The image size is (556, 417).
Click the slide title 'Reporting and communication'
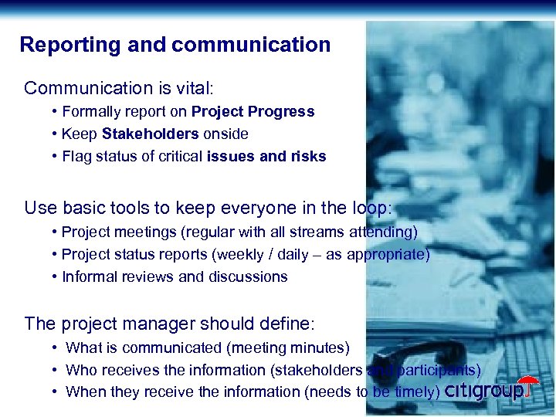[x=175, y=45]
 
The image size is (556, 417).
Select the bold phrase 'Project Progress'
[x=253, y=112]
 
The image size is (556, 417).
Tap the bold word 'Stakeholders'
[x=150, y=134]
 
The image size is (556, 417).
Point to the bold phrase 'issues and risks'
[x=266, y=157]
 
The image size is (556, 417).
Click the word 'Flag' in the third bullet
[x=77, y=157]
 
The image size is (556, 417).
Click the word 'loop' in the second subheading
[x=371, y=208]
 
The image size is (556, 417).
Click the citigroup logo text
[x=483, y=391]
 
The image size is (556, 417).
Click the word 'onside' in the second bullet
[x=225, y=134]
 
